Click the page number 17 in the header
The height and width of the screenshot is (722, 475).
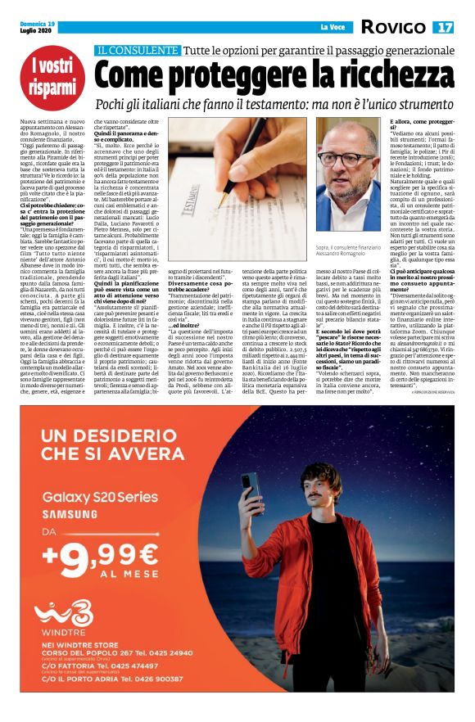[x=445, y=28]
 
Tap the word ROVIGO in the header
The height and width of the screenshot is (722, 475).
[x=393, y=28]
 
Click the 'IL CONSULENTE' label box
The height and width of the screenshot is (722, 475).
[x=136, y=50]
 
